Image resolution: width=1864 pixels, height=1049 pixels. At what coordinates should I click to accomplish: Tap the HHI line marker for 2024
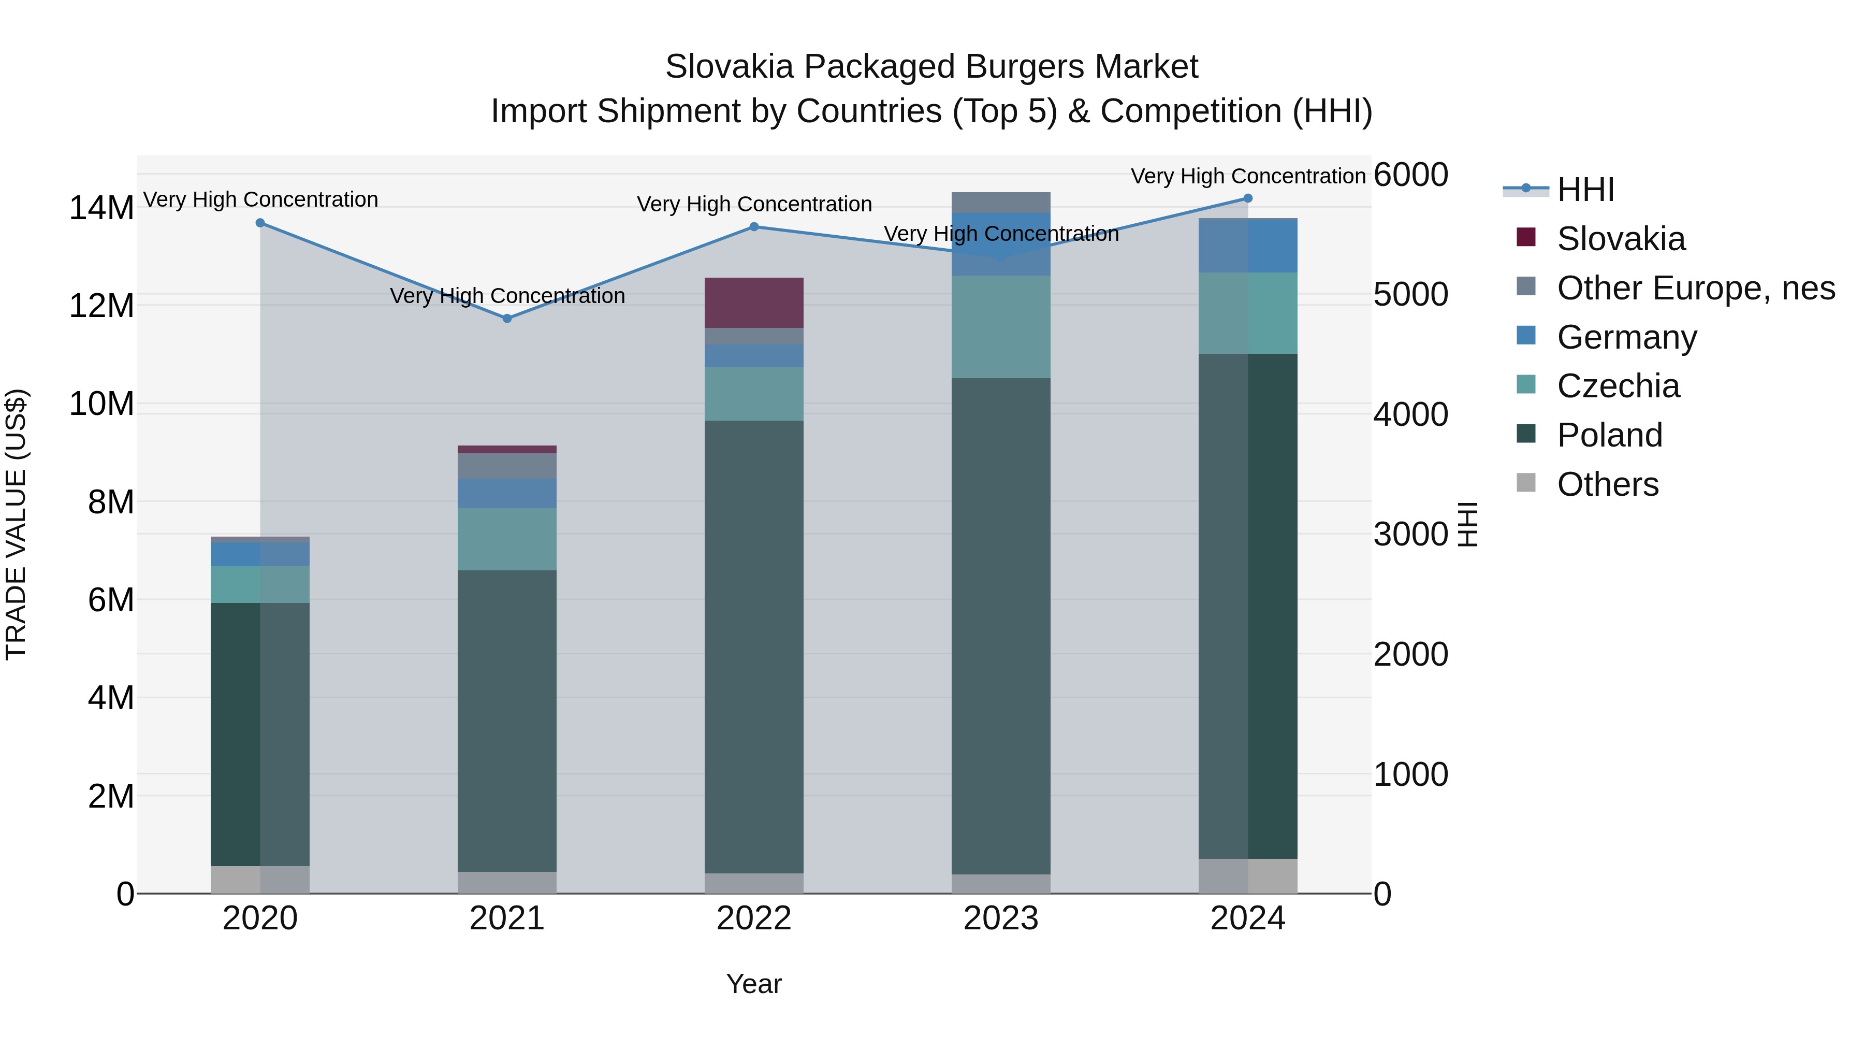1247,198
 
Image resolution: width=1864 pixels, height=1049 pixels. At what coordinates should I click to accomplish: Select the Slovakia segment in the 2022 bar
754,303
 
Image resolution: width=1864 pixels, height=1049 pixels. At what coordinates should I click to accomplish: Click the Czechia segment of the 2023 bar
1001,326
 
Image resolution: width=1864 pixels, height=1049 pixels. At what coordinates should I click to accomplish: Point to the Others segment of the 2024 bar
1247,876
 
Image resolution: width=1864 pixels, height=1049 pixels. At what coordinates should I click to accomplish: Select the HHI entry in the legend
1585,190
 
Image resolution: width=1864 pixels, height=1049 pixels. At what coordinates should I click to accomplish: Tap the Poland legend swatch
1525,434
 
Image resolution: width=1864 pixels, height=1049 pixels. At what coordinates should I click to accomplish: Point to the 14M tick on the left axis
101,208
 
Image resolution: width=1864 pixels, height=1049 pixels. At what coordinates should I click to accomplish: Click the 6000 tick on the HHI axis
1410,175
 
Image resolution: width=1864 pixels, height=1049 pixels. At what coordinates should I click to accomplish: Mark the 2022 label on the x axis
754,918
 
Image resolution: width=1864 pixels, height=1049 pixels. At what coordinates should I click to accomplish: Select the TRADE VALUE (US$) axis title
16,524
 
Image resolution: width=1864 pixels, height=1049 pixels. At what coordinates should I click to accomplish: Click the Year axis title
754,984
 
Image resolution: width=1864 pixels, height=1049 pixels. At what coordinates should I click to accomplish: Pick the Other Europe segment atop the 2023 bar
1001,202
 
